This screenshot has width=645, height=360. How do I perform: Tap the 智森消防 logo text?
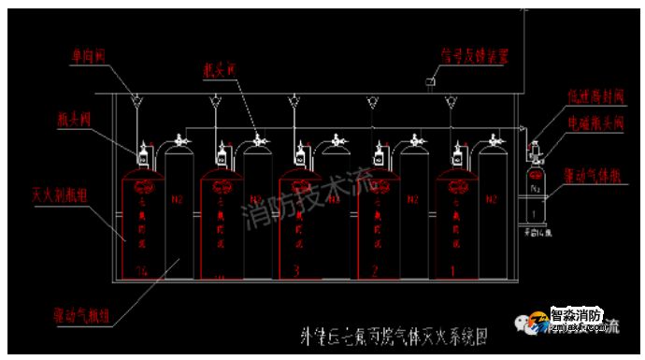tap(576, 316)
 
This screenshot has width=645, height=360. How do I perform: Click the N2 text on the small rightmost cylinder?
tap(537, 188)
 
